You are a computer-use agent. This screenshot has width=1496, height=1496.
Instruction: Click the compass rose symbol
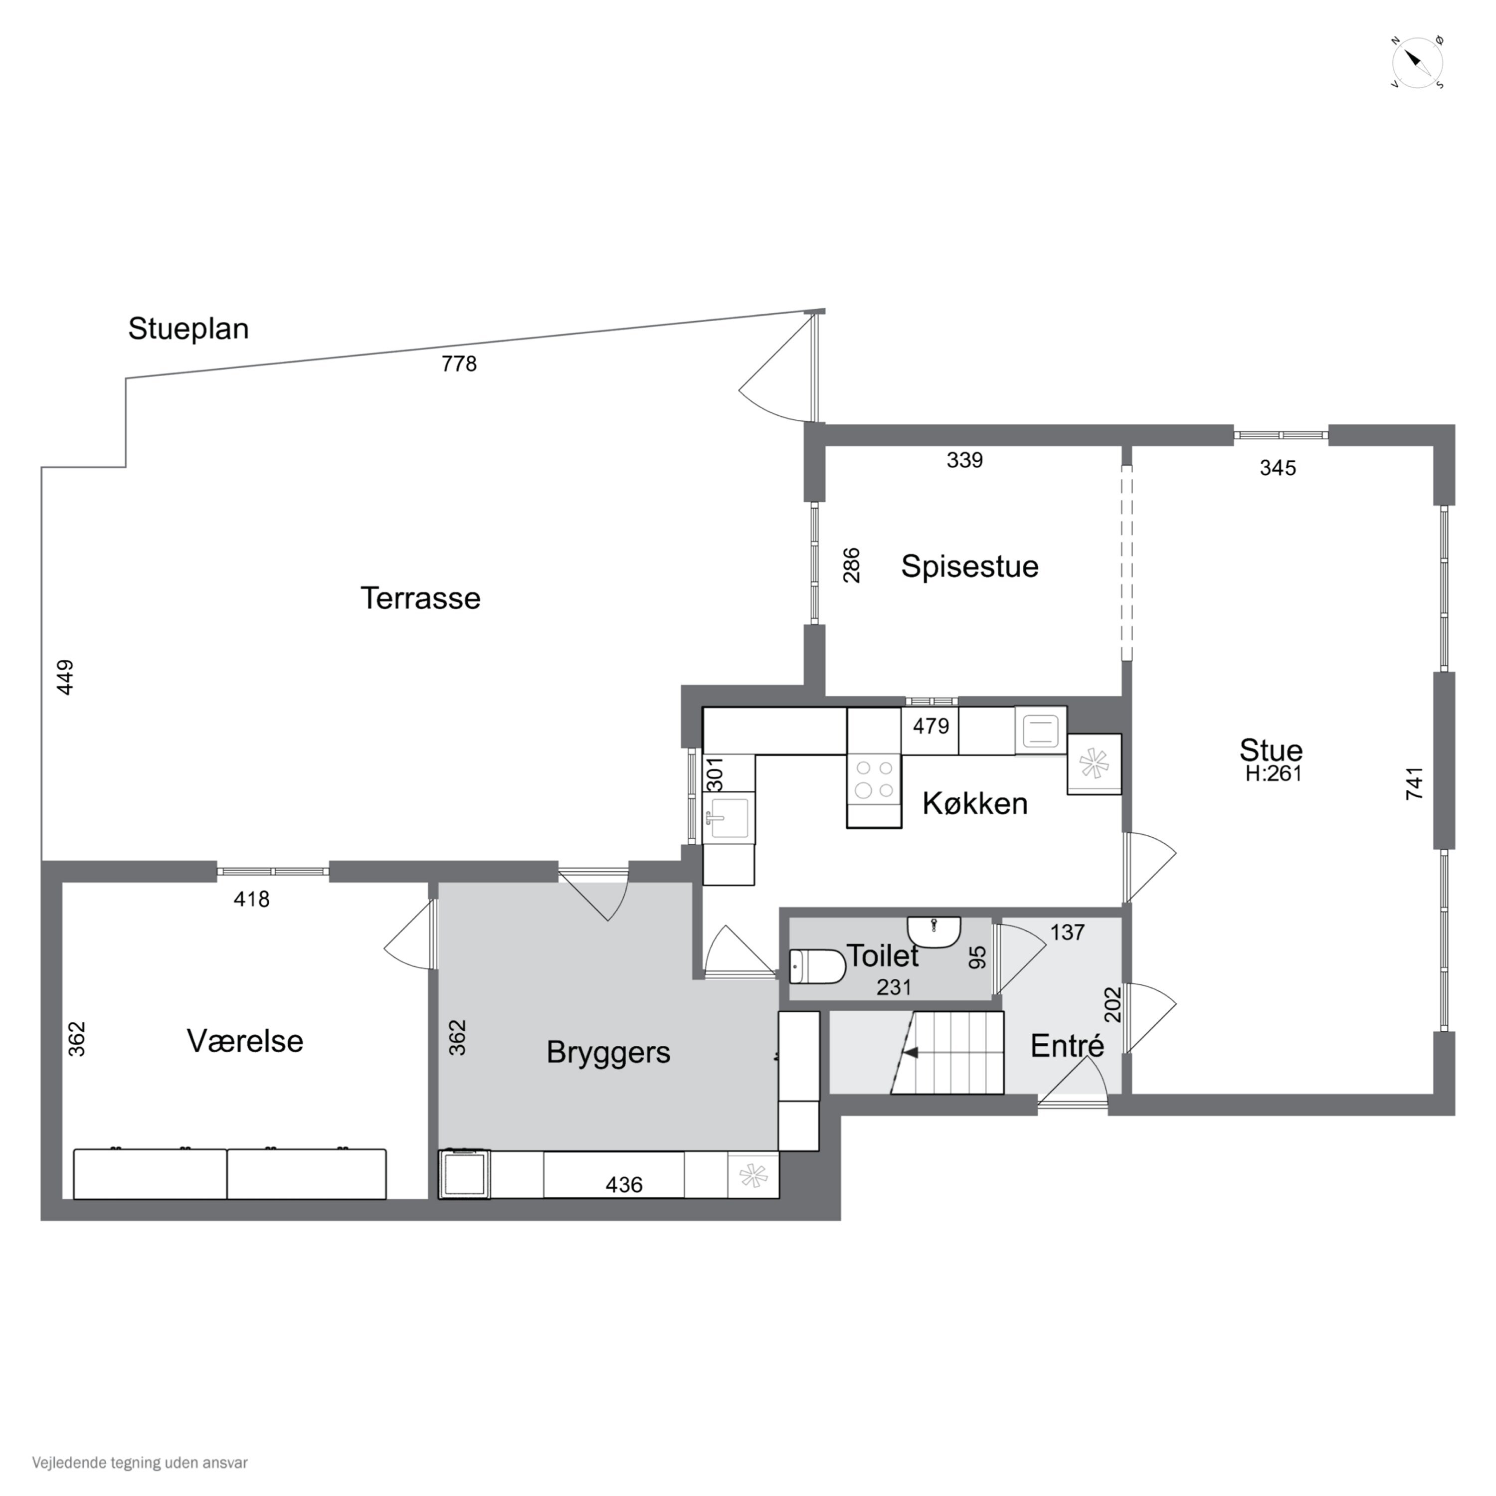[x=1417, y=62]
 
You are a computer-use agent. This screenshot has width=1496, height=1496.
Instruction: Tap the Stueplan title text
[x=188, y=328]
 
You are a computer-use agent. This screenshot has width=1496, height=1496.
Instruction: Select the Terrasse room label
[x=420, y=598]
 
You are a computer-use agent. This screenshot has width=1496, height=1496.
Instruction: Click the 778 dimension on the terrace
[x=459, y=363]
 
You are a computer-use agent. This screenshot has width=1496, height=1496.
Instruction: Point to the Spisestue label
[x=969, y=566]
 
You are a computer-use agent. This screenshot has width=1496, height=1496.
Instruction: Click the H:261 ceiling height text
[x=1274, y=773]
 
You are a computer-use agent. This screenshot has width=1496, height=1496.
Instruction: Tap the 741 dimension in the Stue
[x=1414, y=783]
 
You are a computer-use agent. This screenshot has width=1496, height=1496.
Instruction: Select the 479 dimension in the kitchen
[x=931, y=727]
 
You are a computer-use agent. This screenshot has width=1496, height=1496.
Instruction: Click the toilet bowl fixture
[x=817, y=967]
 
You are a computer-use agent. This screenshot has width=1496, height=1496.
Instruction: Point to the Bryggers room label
[x=608, y=1052]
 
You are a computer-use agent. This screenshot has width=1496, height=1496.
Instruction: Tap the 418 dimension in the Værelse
[x=252, y=899]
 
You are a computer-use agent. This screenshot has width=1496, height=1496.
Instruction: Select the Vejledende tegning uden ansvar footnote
[x=140, y=1463]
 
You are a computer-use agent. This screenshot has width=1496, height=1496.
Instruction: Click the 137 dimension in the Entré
[x=1068, y=933]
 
